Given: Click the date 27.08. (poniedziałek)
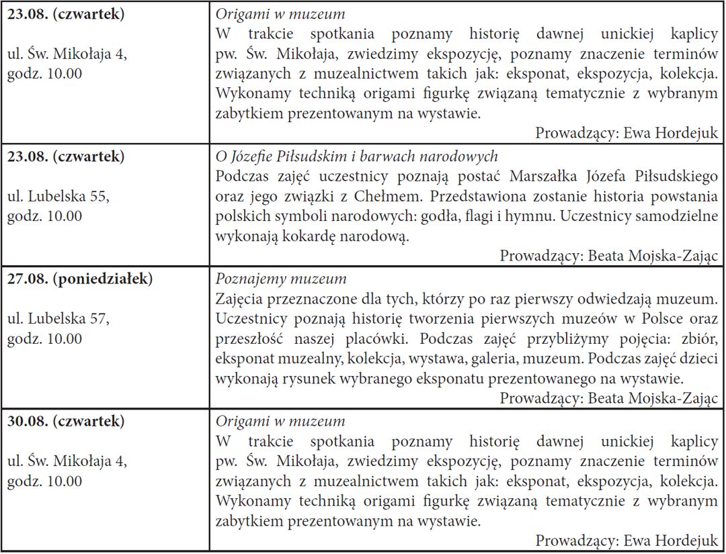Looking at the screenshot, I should [79, 279].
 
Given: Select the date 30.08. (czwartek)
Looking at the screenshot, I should [65, 422].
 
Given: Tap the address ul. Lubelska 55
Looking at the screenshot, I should [58, 197].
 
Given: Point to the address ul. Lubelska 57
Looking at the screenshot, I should [58, 320].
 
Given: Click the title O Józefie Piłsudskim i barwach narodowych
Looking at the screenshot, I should [356, 156].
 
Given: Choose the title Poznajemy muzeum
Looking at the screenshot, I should [281, 279].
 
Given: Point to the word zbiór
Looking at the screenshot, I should [701, 338].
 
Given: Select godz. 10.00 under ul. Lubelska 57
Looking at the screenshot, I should [45, 339].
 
